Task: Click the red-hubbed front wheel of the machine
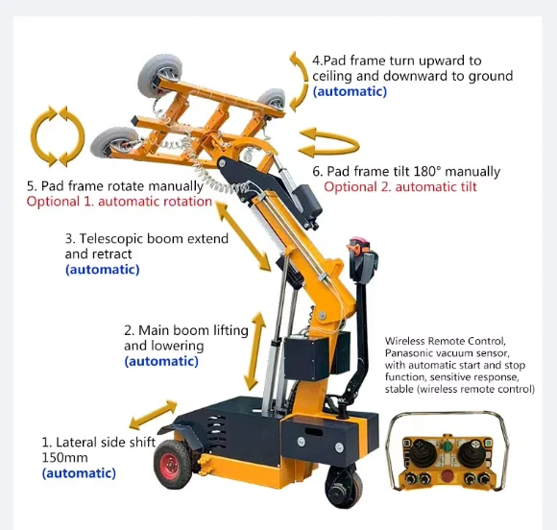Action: [x=172, y=464]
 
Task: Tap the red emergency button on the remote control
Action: [x=448, y=475]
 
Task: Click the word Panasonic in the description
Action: [x=409, y=353]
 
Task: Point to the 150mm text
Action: [x=64, y=458]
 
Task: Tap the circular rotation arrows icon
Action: [x=58, y=136]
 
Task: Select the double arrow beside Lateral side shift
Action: [x=153, y=415]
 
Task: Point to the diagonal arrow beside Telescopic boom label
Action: [x=243, y=236]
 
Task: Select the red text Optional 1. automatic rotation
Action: [x=119, y=202]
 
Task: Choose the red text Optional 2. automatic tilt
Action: [x=400, y=187]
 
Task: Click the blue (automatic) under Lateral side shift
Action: [x=79, y=473]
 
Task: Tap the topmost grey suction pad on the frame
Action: [x=159, y=74]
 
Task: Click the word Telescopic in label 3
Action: [x=110, y=239]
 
